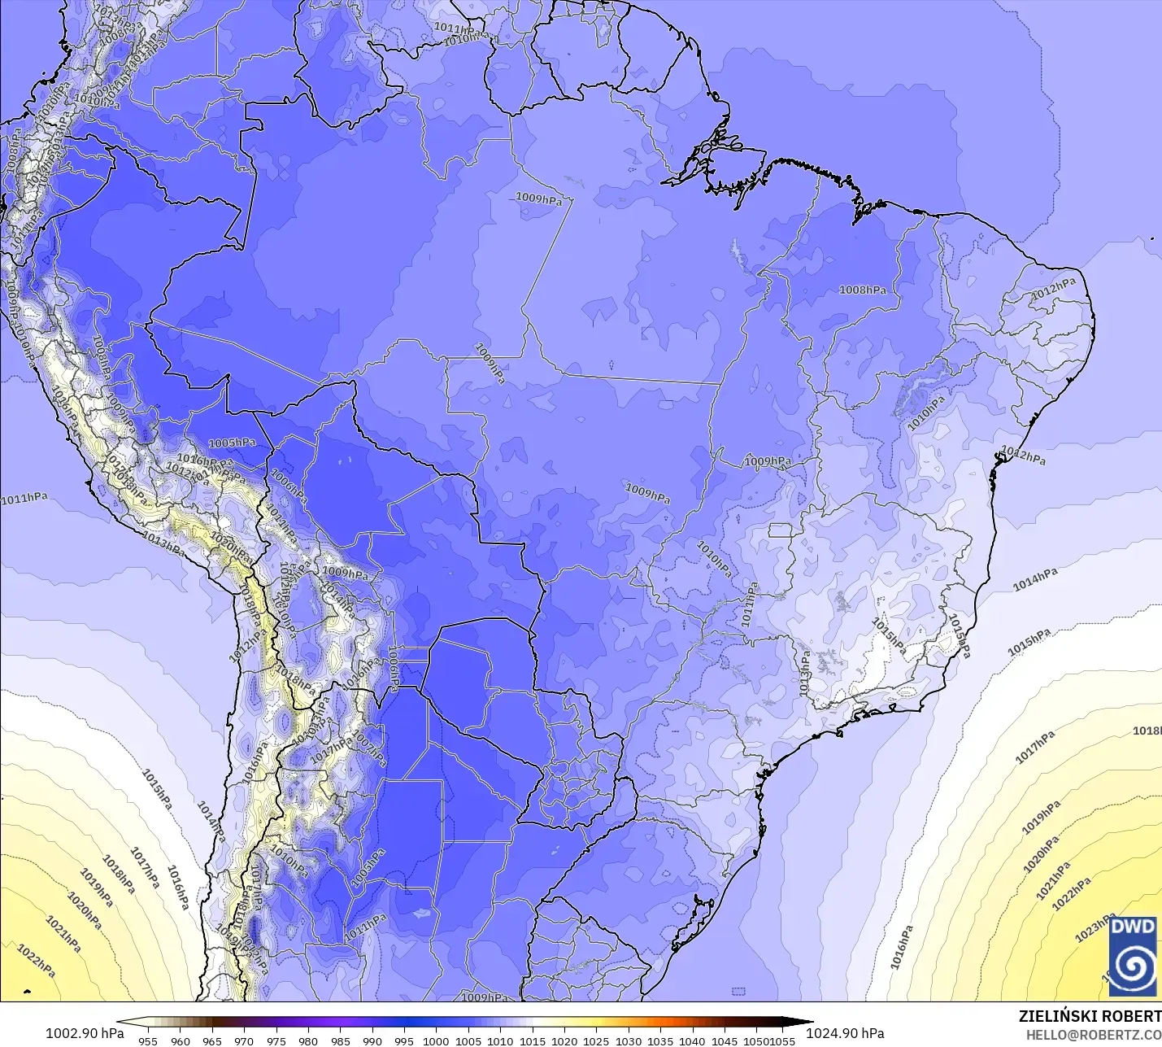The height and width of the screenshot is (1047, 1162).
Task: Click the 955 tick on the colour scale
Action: tap(148, 1040)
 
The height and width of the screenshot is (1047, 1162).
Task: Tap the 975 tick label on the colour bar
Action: tap(276, 1040)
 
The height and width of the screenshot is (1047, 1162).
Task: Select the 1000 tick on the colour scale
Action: tap(436, 1040)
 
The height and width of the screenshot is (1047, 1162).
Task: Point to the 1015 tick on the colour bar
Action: tap(533, 1040)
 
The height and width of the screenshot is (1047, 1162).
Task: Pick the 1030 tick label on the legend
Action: tap(629, 1040)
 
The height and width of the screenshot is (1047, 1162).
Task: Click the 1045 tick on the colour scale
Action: tap(725, 1040)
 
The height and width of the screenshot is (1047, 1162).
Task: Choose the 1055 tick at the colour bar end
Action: tap(783, 1040)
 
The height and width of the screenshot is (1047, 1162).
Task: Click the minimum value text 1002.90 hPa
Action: tap(85, 1033)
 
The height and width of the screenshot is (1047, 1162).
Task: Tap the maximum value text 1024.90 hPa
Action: tap(845, 1033)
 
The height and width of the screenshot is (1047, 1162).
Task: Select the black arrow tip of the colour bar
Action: tap(810, 1023)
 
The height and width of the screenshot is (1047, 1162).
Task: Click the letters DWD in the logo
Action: tap(1133, 927)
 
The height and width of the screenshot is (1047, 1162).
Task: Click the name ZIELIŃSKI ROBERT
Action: tap(1090, 1016)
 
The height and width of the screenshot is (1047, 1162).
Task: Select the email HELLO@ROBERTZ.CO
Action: tap(1093, 1035)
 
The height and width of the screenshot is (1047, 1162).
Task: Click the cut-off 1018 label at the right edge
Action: tap(1147, 731)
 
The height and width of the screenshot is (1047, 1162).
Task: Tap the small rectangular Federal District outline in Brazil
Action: tap(781, 531)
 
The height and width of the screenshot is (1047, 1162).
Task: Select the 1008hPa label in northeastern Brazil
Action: tap(863, 290)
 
